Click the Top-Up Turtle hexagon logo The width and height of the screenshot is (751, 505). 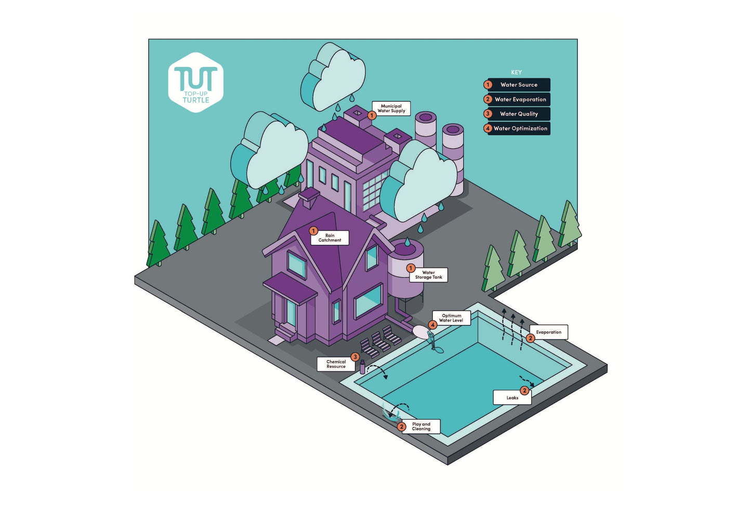[x=195, y=82]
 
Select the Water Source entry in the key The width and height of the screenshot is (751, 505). [x=518, y=85]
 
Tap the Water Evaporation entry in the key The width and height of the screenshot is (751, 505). [x=520, y=99]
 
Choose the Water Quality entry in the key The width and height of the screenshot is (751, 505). [x=518, y=114]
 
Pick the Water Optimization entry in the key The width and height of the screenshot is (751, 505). [x=520, y=128]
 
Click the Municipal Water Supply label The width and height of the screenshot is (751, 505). [x=391, y=108]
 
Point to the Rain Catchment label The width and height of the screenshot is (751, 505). [x=330, y=238]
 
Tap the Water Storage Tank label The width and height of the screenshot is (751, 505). [x=429, y=275]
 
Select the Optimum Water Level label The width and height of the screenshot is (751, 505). [x=451, y=318]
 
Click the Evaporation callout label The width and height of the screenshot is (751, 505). [x=549, y=332]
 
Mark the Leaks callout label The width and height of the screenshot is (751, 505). [x=512, y=398]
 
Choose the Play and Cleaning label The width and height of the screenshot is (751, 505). [x=421, y=426]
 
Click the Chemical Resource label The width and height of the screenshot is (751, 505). [x=336, y=364]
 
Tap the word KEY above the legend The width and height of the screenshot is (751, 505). [x=516, y=72]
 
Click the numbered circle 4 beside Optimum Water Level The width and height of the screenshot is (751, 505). [x=432, y=325]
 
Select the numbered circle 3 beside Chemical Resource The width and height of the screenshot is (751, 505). [x=355, y=357]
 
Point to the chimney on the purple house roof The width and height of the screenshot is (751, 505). [x=309, y=198]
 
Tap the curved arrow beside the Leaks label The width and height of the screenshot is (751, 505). [x=526, y=380]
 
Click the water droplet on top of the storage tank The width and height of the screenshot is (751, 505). [x=407, y=242]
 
